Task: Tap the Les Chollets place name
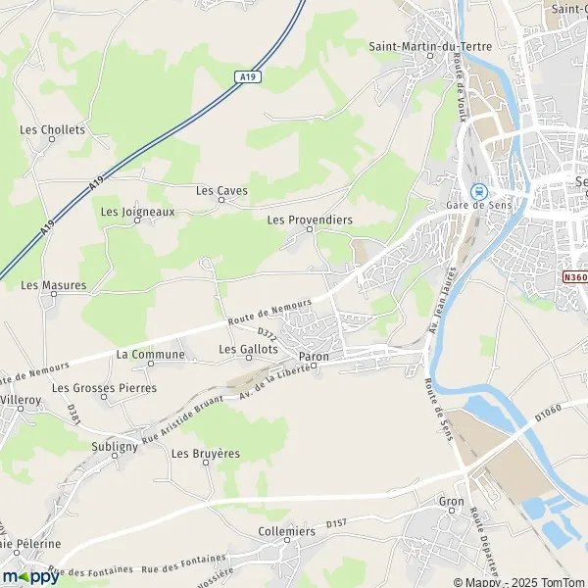53,129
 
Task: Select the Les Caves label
221,190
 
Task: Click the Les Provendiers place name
310,220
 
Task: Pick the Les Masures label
54,285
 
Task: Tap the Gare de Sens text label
480,204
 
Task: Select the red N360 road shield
575,277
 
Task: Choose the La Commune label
150,354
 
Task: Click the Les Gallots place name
249,349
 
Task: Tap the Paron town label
314,357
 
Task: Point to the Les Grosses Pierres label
97,388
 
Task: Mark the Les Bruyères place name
206,454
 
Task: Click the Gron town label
451,501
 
